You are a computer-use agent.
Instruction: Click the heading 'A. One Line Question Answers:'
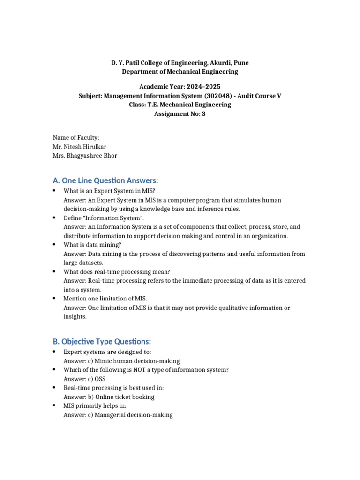pyautogui.click(x=105, y=180)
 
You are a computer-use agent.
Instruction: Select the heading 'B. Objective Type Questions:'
pyautogui.click(x=102, y=341)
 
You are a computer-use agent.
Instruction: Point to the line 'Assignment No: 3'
pyautogui.click(x=180, y=113)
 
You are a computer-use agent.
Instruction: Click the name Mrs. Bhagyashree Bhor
pyautogui.click(x=85, y=156)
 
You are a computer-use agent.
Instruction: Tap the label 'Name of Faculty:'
pyautogui.click(x=76, y=137)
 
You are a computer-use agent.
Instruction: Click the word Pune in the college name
pyautogui.click(x=241, y=63)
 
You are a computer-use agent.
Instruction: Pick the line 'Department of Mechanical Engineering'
pyautogui.click(x=180, y=72)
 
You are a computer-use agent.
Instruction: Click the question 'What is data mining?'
pyautogui.click(x=92, y=245)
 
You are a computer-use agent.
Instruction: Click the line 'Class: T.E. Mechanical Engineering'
pyautogui.click(x=180, y=105)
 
